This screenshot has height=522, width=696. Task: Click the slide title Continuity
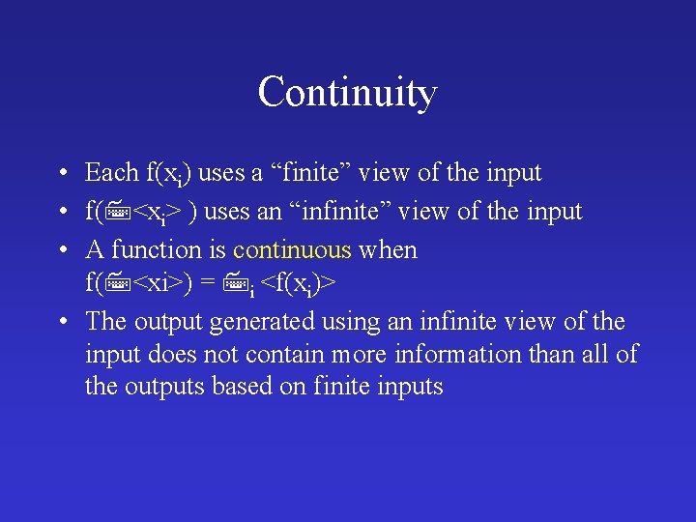click(347, 93)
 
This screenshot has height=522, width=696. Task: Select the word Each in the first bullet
click(112, 173)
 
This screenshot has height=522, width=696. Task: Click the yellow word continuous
click(292, 250)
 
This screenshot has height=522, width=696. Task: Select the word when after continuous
click(388, 250)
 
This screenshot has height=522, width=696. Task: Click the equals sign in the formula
click(207, 284)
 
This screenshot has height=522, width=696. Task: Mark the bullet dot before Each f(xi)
click(61, 174)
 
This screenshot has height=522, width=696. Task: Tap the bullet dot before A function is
click(61, 251)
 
